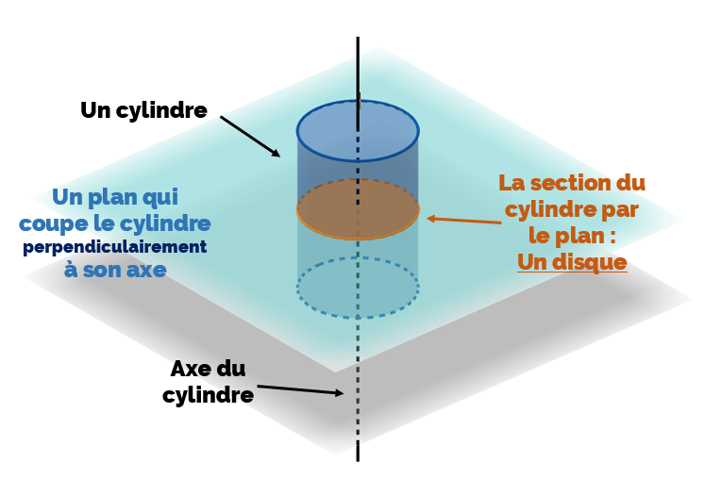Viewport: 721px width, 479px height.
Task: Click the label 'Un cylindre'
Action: click(x=143, y=110)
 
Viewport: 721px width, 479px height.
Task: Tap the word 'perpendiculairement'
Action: click(x=114, y=247)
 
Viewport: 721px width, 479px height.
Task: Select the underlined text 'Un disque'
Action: click(x=572, y=262)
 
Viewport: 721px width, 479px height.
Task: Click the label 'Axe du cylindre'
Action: click(x=208, y=382)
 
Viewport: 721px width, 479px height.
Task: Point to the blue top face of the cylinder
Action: click(x=358, y=130)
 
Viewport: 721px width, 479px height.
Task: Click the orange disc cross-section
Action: click(x=358, y=208)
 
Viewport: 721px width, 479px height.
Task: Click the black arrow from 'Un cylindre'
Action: click(x=250, y=137)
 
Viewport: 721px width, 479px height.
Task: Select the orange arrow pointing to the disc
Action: click(x=463, y=221)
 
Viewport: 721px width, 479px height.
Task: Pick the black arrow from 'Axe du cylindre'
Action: click(x=299, y=389)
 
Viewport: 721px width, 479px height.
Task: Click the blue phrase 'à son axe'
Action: click(x=115, y=270)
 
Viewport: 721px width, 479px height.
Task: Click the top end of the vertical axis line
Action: click(x=358, y=40)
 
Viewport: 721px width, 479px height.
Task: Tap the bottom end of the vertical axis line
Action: click(x=358, y=458)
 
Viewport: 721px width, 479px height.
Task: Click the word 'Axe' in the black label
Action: click(x=190, y=369)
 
